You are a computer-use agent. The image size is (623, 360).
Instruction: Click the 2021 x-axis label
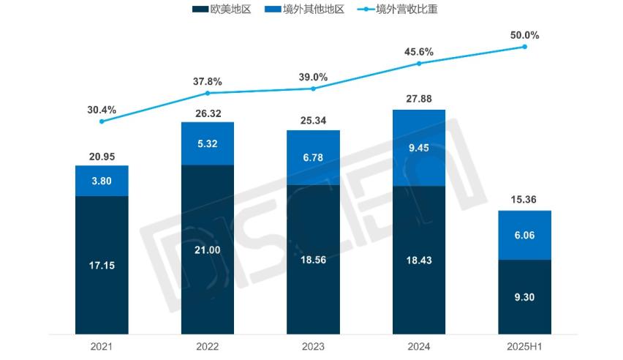click(x=102, y=345)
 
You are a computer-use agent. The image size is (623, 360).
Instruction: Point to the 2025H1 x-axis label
click(x=524, y=345)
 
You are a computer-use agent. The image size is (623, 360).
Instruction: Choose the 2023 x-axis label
click(x=313, y=345)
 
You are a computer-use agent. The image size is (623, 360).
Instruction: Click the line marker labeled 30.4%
click(x=102, y=121)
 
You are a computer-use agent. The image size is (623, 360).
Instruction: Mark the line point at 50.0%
click(x=524, y=47)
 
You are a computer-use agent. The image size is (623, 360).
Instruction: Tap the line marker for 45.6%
click(x=419, y=64)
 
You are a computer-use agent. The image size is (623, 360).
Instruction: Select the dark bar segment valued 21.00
click(x=208, y=249)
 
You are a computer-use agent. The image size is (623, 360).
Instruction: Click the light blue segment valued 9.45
click(x=419, y=148)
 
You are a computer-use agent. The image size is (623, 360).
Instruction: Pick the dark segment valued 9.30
click(x=524, y=296)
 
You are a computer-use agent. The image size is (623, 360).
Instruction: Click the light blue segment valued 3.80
click(x=102, y=181)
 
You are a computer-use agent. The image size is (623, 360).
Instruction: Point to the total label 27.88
click(x=419, y=99)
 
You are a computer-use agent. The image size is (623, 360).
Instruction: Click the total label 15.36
click(x=524, y=199)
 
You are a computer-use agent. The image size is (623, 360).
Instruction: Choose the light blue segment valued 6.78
click(x=313, y=157)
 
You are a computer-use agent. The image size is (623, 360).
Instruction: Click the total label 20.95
click(x=102, y=155)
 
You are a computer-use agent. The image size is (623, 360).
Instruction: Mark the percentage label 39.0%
click(x=313, y=77)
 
